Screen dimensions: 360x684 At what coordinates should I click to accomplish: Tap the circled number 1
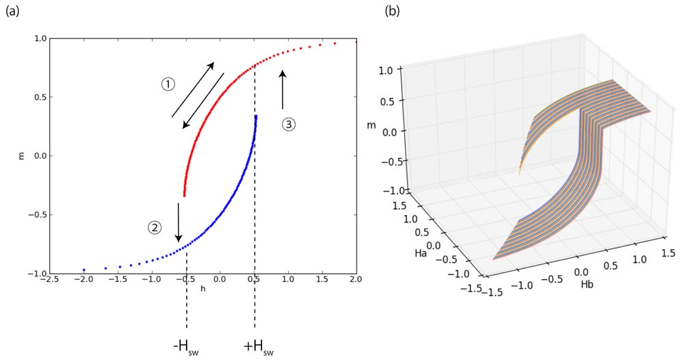pos(168,84)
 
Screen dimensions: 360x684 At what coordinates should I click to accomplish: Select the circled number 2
pos(155,228)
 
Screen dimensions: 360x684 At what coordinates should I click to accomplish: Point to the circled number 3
pos(289,125)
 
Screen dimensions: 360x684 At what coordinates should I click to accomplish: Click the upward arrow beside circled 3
pos(282,89)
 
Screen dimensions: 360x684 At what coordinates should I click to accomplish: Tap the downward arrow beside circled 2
pos(179,222)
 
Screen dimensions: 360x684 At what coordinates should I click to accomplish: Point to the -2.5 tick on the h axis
pos(49,280)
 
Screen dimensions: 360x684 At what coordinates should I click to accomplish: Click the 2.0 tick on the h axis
pos(354,280)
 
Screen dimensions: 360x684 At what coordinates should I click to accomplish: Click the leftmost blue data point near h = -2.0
pos(83,270)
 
